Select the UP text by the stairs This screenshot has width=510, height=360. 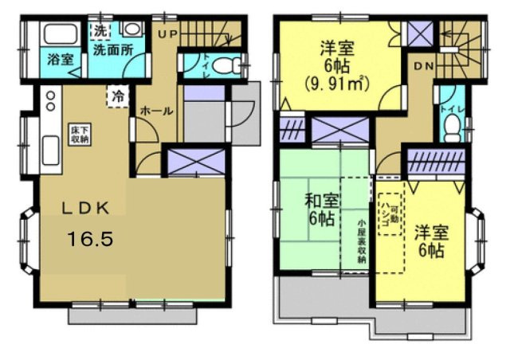pos(167,33)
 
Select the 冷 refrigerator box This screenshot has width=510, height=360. pos(117,97)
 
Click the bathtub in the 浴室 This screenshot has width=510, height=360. pos(57,34)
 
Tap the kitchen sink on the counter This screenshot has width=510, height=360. pos(49,149)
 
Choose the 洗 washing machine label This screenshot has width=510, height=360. pos(100,30)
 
